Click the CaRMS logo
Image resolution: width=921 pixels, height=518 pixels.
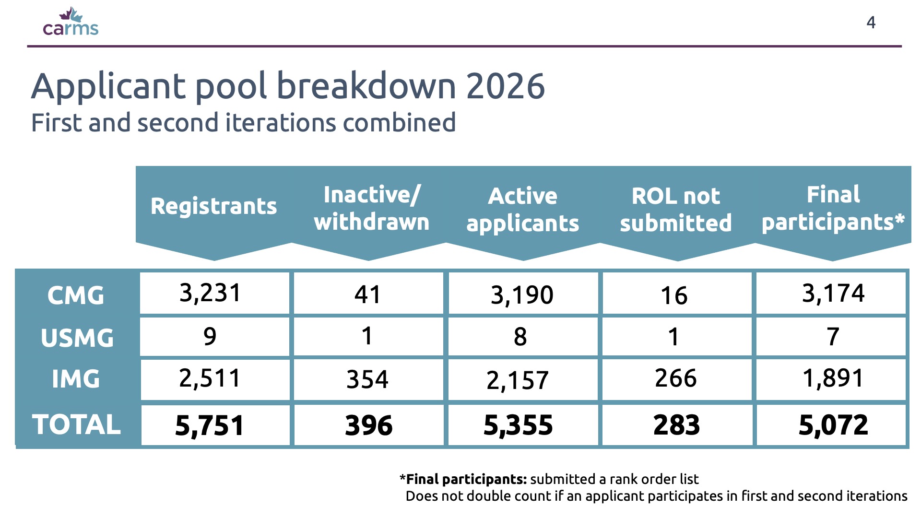point(71,22)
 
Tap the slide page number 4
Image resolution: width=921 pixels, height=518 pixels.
point(871,23)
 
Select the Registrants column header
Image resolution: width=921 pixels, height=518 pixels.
point(213,206)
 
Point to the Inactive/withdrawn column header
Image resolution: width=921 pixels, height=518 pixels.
point(372,208)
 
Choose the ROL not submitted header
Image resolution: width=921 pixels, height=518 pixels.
point(676,210)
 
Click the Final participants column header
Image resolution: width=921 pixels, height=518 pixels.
point(833,209)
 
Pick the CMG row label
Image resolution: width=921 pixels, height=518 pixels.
point(76,295)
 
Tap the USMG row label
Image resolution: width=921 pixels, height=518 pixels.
point(77,338)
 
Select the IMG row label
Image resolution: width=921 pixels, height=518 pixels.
point(76,379)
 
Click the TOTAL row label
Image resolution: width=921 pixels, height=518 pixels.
point(76,424)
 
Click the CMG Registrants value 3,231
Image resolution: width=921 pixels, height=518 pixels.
point(210,293)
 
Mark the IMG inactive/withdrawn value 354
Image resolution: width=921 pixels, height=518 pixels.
point(367,379)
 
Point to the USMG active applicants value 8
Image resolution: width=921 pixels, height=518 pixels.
point(520,337)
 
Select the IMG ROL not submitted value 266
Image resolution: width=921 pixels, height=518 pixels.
point(676,378)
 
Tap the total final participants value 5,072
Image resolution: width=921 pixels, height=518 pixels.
point(833,425)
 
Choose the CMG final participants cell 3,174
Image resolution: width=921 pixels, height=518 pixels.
point(833,293)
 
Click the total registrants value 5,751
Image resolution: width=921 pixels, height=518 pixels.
point(210,425)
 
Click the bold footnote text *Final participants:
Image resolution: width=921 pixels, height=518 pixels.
point(463,479)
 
